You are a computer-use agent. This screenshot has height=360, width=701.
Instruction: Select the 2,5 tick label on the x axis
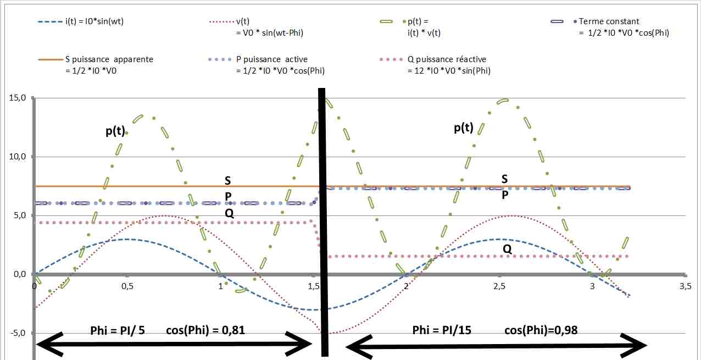499,286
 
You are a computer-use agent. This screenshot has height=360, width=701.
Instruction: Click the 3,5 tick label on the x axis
685,286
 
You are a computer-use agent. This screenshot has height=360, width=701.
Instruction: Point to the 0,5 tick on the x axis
127,286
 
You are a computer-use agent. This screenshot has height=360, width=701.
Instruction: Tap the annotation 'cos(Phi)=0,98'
541,330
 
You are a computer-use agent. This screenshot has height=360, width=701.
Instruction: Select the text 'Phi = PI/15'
441,330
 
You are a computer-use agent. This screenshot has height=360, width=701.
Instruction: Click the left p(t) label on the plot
115,131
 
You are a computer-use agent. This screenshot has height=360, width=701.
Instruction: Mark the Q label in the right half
507,249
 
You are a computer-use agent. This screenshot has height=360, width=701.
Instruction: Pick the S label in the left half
228,180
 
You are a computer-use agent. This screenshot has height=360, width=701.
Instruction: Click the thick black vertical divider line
324,220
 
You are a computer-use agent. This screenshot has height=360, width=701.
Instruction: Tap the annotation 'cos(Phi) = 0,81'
205,330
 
